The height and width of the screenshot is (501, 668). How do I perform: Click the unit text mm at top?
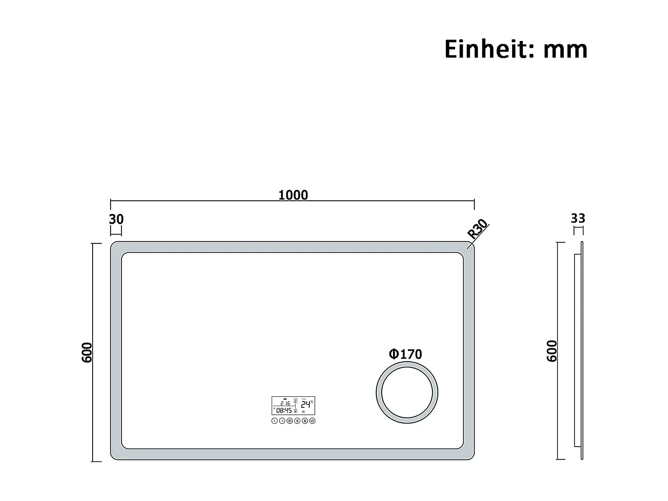(565, 50)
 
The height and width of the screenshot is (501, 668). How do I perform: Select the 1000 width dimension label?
(293, 195)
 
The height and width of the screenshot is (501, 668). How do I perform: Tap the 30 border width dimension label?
(116, 219)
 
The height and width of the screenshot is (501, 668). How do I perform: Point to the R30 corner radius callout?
(477, 229)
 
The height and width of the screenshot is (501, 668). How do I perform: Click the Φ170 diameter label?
(405, 354)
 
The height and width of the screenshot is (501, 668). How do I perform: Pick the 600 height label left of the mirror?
(87, 352)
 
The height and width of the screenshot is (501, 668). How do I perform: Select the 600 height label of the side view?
(552, 351)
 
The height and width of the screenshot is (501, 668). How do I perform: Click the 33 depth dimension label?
(578, 218)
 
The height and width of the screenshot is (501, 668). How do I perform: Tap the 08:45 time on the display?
(284, 410)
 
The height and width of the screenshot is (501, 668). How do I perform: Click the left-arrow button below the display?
(274, 421)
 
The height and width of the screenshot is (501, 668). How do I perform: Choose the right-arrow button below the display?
(282, 421)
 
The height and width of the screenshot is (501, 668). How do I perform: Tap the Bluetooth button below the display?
(297, 421)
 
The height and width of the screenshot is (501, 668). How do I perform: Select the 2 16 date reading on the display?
(285, 403)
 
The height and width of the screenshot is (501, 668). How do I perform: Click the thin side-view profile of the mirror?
(581, 351)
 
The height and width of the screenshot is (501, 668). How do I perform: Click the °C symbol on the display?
(312, 402)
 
